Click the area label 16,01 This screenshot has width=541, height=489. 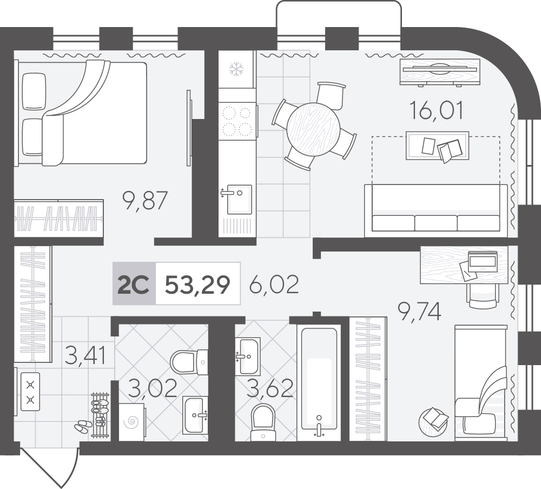436,110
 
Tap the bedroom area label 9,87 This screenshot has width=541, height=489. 145,201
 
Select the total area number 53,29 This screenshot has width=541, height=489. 197,285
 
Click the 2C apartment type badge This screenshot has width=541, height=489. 134,284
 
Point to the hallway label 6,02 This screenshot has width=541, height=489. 274,285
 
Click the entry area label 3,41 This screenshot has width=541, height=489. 85,355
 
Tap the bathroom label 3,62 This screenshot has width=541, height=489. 271,388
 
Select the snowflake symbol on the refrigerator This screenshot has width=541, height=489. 236,69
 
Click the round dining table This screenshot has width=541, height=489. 313,130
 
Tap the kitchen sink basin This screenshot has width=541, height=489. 239,199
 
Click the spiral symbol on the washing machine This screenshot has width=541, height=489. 133,422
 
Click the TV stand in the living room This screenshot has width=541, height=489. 440,72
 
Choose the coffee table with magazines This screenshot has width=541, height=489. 437,146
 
